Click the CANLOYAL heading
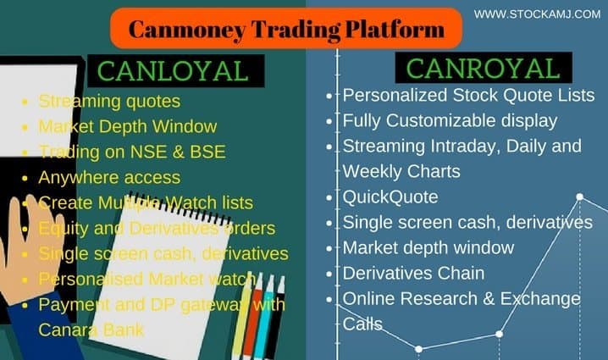click(x=173, y=71)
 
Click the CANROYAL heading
click(x=483, y=69)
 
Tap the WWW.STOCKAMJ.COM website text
click(x=537, y=14)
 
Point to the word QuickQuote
click(x=390, y=197)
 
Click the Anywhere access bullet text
click(x=109, y=178)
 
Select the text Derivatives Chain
click(x=414, y=273)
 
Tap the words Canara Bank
click(x=91, y=330)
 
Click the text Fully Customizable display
click(x=450, y=121)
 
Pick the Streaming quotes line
click(x=109, y=102)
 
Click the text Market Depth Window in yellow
click(x=128, y=126)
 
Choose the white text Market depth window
click(x=428, y=248)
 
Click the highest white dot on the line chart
click(x=580, y=197)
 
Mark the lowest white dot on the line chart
click(x=419, y=349)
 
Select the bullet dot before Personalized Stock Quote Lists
click(x=329, y=96)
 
